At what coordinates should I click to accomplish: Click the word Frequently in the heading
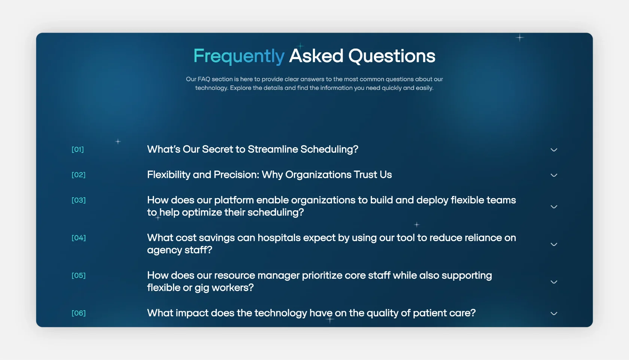pos(239,56)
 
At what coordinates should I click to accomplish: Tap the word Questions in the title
pos(392,56)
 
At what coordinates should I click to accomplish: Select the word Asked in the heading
pos(316,55)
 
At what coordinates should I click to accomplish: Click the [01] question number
pos(78,149)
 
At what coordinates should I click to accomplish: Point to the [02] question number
pos(78,175)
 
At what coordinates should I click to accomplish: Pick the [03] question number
pos(78,200)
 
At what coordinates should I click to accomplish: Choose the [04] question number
pos(78,238)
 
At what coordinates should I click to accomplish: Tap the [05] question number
pos(78,275)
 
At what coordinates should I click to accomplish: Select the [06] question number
pos(78,313)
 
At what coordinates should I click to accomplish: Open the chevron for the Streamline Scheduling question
pos(554,150)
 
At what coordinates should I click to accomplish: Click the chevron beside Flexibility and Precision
pos(554,176)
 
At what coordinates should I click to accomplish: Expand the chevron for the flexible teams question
pos(554,207)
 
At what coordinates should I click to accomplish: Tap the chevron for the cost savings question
pos(554,244)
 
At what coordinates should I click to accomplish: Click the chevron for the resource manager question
pos(554,282)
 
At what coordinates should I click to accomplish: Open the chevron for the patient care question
pos(554,314)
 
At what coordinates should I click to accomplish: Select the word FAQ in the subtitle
pos(204,79)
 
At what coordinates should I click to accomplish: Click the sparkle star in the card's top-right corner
pos(520,37)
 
